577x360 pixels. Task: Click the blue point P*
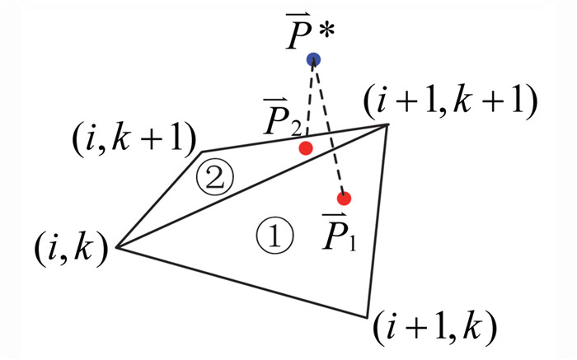click(313, 59)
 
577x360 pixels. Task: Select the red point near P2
click(306, 148)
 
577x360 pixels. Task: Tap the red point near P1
click(345, 198)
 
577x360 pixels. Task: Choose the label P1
click(339, 235)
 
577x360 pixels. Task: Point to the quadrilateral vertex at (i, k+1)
click(203, 152)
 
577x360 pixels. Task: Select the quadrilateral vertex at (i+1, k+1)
click(388, 124)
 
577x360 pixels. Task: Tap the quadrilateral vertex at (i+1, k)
click(368, 316)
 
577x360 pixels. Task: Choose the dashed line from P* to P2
click(310, 99)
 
